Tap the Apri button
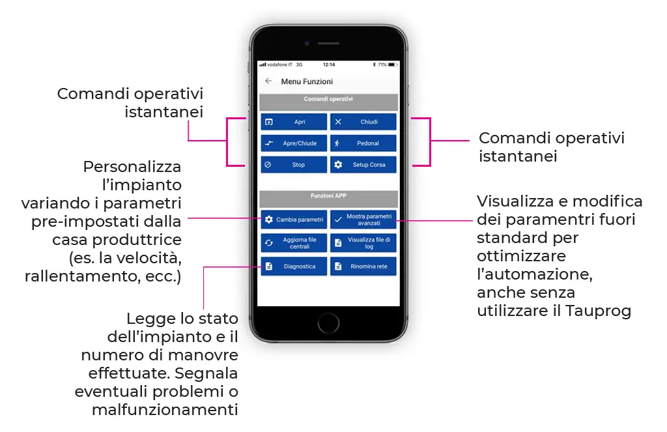coord(294,122)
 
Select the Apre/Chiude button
coord(294,143)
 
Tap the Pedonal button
coord(363,143)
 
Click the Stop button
coord(294,165)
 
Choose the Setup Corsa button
coord(363,165)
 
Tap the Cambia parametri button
coord(294,220)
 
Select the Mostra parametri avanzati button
coord(363,220)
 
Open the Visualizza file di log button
coord(363,243)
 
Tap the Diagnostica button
coord(294,266)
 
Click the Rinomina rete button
coord(363,266)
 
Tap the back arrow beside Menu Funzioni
coord(268,81)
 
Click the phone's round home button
coord(328,322)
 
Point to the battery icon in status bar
coord(392,65)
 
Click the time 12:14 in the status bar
coord(329,65)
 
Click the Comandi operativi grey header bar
coord(328,101)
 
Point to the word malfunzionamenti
coord(165,410)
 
